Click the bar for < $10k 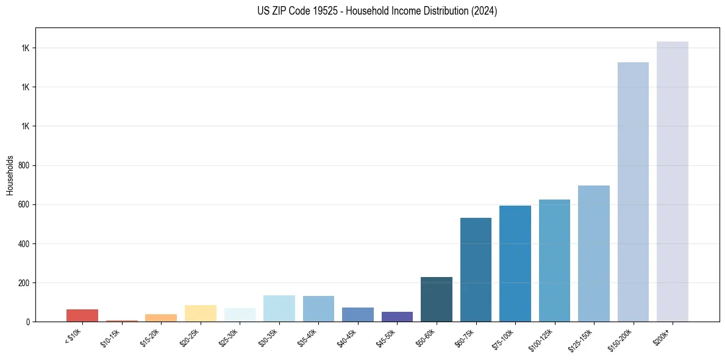[x=82, y=315]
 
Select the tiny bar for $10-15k [x=121, y=320]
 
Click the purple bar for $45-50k [x=397, y=317]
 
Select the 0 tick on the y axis [x=29, y=322]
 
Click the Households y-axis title [x=10, y=175]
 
